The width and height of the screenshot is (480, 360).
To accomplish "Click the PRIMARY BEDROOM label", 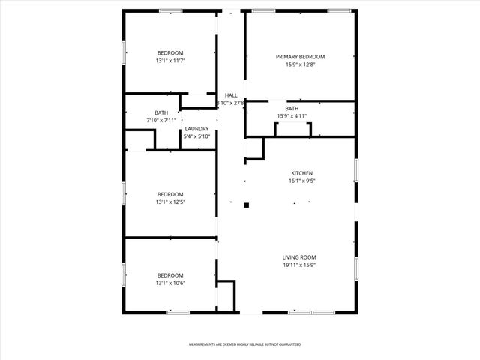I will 300,57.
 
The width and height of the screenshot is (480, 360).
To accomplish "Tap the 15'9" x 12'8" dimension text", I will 300,65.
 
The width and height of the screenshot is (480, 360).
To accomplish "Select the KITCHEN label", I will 301,173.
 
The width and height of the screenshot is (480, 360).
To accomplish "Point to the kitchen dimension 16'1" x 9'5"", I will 301,181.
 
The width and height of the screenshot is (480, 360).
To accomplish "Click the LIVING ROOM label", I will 299,256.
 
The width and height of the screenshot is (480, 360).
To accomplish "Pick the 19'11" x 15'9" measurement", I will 299,265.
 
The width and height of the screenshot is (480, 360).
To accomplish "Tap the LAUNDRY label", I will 196,128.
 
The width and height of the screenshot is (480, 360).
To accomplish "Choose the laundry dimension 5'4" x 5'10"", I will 196,136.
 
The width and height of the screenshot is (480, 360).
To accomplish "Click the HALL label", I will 231,95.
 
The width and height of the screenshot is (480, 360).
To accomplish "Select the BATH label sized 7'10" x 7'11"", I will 161,112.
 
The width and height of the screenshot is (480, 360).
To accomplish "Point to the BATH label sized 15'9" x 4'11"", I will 292,108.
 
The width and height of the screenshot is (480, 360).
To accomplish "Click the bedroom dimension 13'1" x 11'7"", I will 169,61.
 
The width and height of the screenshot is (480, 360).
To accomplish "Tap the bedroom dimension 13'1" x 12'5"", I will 169,202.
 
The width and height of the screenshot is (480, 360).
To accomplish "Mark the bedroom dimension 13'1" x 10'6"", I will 169,283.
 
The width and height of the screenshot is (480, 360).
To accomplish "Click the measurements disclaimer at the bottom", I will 244,343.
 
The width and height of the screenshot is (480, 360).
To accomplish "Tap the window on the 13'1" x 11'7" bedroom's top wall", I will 171,10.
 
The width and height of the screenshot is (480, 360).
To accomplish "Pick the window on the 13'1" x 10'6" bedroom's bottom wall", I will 177,312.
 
